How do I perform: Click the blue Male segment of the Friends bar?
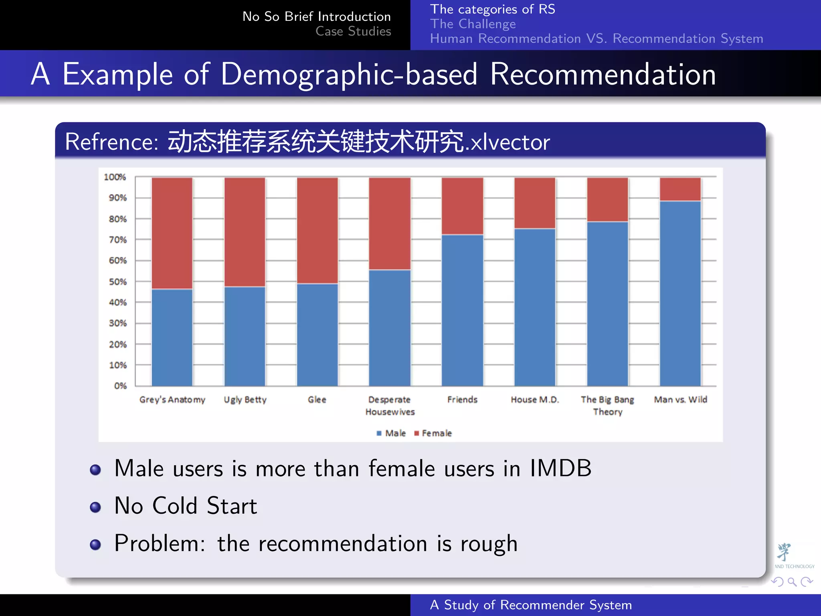462,311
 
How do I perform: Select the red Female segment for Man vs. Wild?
680,189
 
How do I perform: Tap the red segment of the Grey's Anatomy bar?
172,233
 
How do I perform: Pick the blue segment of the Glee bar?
317,335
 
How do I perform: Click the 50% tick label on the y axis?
117,282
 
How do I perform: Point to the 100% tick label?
115,177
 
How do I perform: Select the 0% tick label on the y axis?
120,386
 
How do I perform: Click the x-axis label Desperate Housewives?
390,405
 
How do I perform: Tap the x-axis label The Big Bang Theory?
607,405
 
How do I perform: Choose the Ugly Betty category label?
245,399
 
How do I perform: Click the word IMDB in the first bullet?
560,468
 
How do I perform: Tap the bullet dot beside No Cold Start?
95,507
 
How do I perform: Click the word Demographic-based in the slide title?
349,74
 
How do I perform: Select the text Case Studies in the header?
353,31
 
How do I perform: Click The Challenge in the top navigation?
473,24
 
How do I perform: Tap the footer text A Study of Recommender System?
531,605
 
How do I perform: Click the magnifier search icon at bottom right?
792,582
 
